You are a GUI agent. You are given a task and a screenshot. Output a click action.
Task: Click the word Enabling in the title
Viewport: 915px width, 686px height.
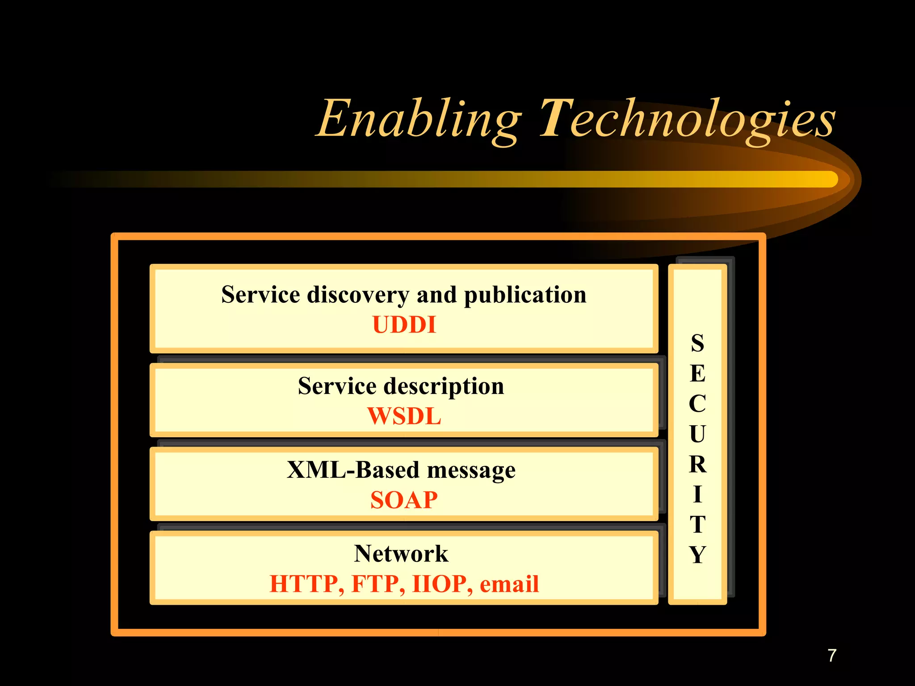click(419, 119)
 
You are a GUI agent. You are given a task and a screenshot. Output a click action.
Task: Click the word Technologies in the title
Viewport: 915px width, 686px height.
click(687, 119)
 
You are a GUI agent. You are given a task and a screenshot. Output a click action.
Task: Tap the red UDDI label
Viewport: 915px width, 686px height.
click(404, 325)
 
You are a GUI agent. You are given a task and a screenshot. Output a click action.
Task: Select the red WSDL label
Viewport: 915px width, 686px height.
click(404, 416)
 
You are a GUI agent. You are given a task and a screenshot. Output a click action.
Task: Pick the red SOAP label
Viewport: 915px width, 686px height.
click(404, 500)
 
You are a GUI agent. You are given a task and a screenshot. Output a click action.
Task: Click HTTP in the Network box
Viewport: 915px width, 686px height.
click(306, 584)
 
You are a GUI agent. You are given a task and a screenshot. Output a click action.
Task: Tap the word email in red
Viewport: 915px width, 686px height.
click(509, 584)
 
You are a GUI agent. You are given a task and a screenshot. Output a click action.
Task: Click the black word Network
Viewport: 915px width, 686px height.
click(401, 554)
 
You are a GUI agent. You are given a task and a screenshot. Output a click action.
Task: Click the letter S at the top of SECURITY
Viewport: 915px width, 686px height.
click(697, 343)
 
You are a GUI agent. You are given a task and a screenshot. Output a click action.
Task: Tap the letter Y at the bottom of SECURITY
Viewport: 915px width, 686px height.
click(697, 555)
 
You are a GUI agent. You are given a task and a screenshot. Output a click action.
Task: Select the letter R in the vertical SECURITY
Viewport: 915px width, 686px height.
click(697, 464)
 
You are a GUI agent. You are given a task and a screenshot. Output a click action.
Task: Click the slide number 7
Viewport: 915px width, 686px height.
click(831, 656)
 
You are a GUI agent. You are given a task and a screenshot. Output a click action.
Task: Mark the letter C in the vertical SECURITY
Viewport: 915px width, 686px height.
click(697, 404)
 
